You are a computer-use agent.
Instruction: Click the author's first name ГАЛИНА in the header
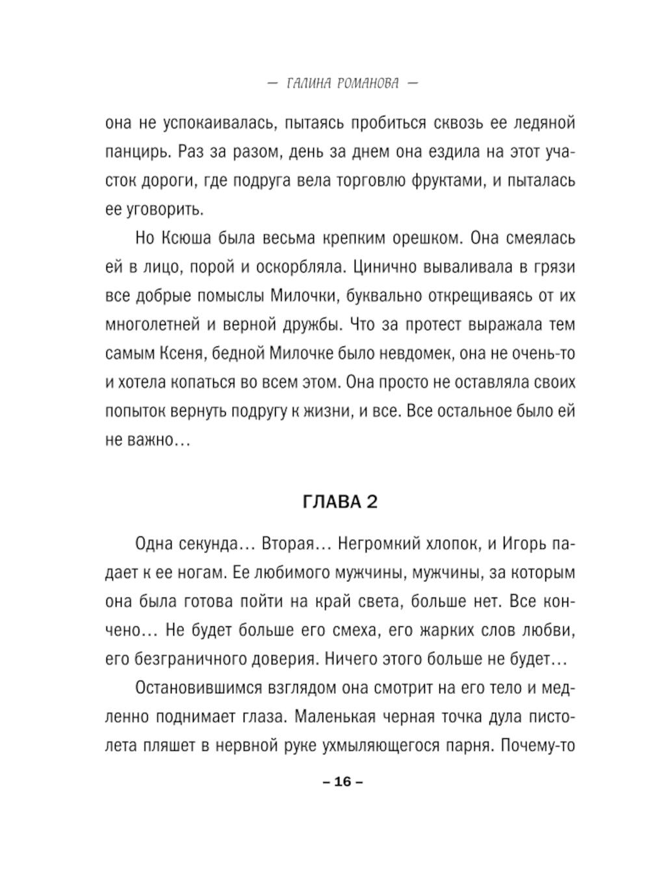click(309, 84)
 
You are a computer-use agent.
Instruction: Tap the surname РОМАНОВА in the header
click(369, 84)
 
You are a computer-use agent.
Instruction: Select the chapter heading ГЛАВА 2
click(340, 502)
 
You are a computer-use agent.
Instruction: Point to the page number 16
click(343, 782)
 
